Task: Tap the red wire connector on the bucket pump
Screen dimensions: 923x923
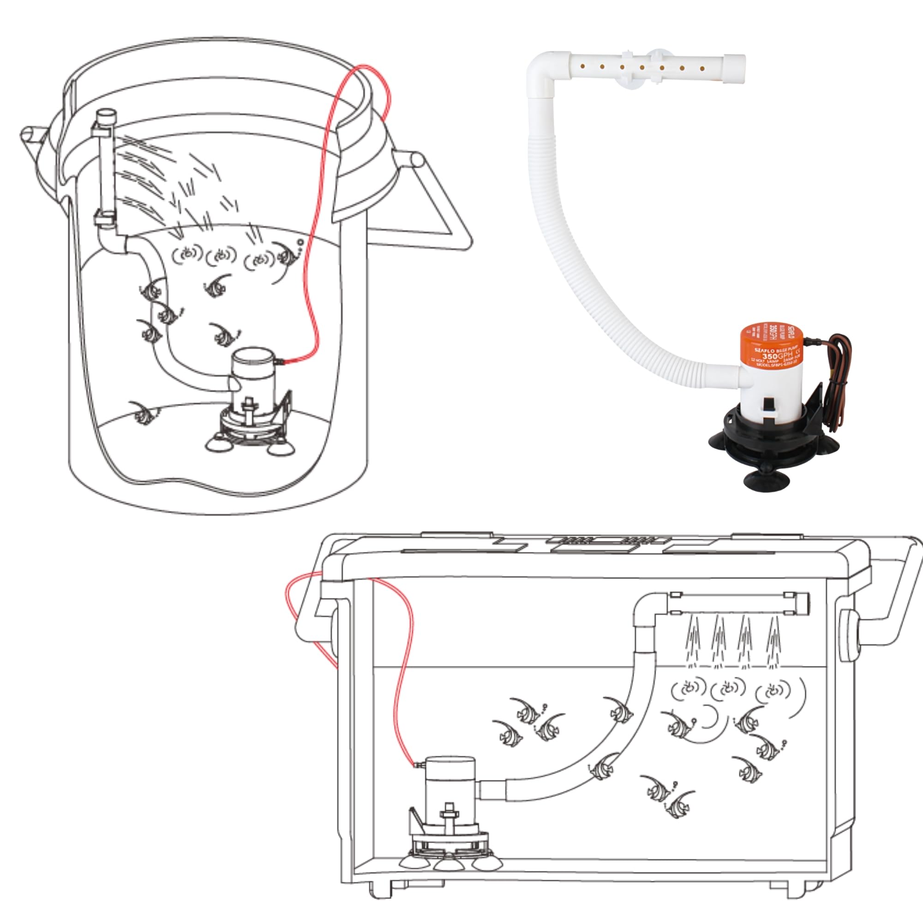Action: (281, 362)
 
